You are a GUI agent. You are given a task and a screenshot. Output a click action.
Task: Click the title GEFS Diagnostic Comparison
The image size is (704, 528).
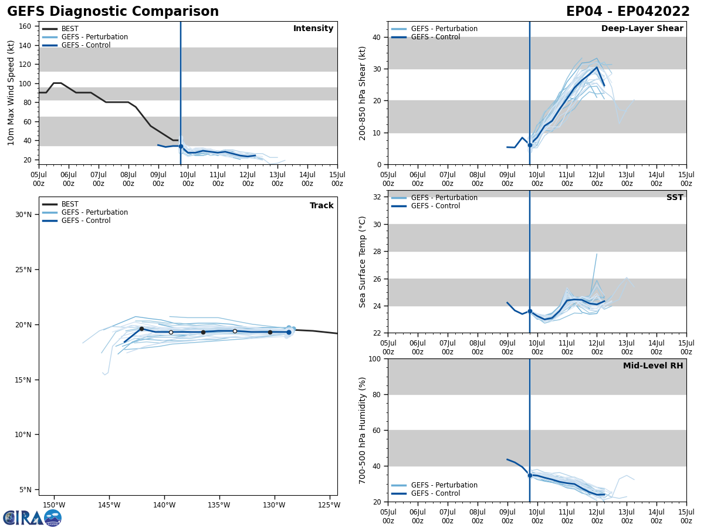113,12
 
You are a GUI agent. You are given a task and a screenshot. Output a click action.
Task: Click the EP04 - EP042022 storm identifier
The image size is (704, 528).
628,12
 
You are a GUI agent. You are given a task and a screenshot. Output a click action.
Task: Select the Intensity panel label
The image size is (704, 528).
313,29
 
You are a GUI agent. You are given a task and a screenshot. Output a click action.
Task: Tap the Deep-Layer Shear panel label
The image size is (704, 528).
642,29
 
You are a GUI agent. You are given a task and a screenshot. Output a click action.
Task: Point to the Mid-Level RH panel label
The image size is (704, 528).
653,366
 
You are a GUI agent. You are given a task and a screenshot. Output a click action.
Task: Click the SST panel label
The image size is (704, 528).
675,198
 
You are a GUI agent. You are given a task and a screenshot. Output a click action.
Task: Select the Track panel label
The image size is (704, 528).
321,206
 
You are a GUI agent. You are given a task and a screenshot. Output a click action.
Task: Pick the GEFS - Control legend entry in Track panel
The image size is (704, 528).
86,221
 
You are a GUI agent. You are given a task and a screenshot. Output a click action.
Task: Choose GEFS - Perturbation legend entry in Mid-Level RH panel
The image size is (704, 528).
444,485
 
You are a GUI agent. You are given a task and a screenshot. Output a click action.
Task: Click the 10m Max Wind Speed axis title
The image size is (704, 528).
11,93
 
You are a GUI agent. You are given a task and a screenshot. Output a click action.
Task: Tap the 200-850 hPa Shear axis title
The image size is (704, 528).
363,93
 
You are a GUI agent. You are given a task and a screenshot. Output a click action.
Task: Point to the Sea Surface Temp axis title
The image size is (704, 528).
363,262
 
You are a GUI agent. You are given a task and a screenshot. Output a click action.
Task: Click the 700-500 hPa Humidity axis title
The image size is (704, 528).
363,430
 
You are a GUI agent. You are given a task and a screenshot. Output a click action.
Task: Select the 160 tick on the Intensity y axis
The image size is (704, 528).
25,26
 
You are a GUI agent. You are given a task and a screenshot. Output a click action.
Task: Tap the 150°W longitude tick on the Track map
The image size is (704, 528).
54,505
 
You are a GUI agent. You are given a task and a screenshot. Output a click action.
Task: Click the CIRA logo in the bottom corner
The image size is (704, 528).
32,518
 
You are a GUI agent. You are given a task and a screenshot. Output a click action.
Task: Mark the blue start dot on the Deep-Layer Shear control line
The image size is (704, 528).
530,145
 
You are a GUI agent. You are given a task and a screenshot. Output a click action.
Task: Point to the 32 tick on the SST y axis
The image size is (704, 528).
378,197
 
